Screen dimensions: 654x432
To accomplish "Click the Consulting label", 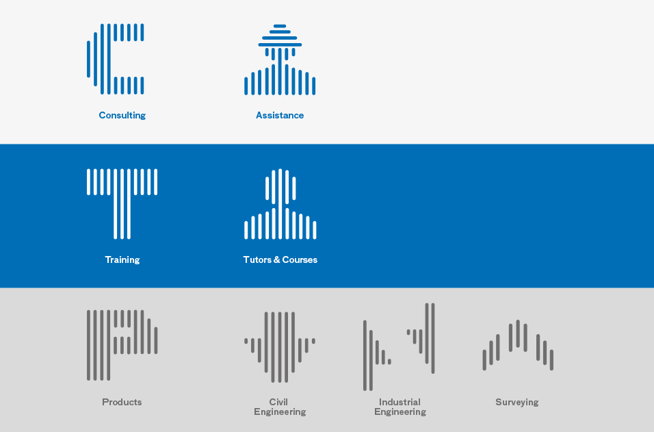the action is point(122,116).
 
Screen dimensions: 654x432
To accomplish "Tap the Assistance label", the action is point(280,115).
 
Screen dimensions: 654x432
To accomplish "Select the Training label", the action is point(122,260).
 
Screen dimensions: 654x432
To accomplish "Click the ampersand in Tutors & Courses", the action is point(276,259).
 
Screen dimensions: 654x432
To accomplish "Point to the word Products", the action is point(122,402).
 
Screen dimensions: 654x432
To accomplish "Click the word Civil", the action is point(278,402).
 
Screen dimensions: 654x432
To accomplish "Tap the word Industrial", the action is point(400,402).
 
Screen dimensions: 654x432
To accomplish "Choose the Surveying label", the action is point(517,403).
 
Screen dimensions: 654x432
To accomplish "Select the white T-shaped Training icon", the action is point(122,204).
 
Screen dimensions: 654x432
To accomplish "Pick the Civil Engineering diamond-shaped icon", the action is point(280,347).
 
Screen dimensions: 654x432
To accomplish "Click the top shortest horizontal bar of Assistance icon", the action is point(280,26).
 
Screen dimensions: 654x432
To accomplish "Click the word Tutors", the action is point(257,259).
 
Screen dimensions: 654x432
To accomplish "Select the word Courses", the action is point(300,259).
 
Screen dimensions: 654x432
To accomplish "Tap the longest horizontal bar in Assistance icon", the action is point(280,45).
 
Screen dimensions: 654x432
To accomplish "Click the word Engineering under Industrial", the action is point(400,412).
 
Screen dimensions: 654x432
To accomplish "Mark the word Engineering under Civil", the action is point(280,412).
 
